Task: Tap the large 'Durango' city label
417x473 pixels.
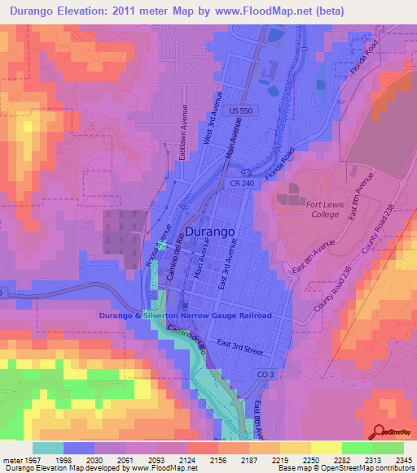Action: coord(211,232)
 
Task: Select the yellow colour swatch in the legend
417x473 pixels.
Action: coord(325,448)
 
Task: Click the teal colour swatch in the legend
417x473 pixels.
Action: coord(47,448)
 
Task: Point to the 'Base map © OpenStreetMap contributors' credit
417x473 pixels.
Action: coord(345,469)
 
